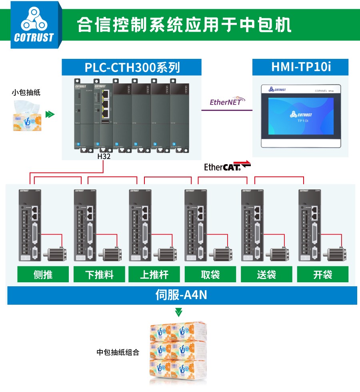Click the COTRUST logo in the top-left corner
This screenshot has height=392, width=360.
34,25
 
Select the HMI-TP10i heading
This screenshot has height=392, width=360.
301,67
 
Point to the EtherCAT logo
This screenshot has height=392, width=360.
227,166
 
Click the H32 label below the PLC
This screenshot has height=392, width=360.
104,157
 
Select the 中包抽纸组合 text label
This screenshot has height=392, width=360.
118,352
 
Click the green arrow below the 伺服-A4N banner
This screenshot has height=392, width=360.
179,312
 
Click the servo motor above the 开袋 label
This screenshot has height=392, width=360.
336,253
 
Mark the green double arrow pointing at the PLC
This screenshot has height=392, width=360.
50,114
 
